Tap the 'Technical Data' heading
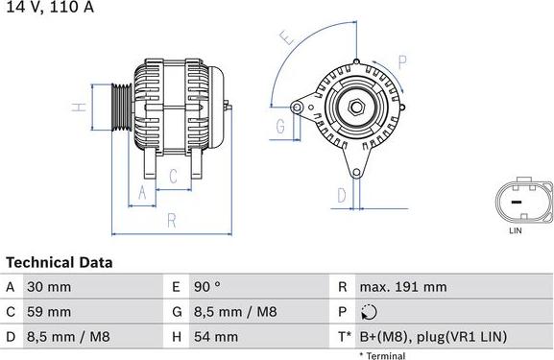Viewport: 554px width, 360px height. tap(59, 262)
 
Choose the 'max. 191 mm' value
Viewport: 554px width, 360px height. tap(402, 287)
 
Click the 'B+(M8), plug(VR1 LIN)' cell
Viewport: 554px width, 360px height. tap(433, 337)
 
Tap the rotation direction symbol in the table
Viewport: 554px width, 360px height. tap(371, 312)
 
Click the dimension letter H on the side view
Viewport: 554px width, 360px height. tap(83, 106)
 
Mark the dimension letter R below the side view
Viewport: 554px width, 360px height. tap(171, 220)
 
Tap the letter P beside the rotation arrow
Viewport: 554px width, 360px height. tap(402, 61)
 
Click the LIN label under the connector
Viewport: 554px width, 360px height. tap(515, 231)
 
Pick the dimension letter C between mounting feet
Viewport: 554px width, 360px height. tap(173, 176)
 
